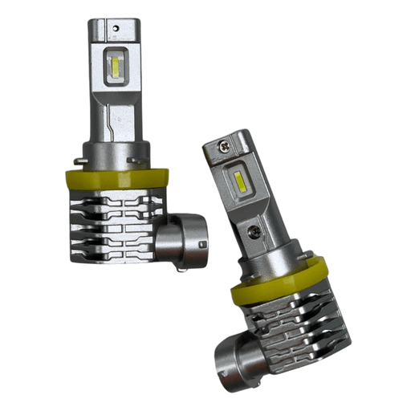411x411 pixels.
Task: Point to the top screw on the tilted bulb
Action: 222,146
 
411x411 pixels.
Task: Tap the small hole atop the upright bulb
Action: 116,26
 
